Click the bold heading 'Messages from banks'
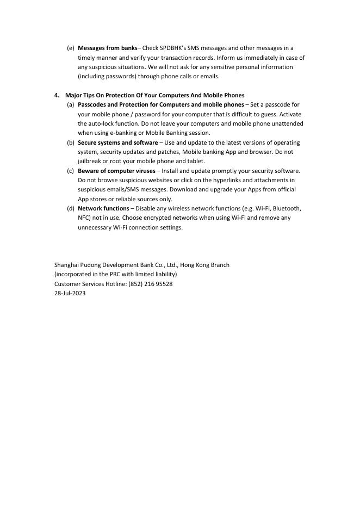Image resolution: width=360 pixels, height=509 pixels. [x=108, y=48]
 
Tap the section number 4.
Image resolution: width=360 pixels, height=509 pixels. [x=57, y=95]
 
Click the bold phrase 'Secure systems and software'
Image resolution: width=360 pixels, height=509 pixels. [x=117, y=142]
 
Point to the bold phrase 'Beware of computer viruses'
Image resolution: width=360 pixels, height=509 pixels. [x=116, y=171]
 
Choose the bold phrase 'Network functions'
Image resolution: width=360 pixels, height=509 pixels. [x=103, y=208]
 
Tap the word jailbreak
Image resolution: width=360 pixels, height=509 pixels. [x=90, y=162]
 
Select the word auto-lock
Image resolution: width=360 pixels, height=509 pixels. [x=100, y=123]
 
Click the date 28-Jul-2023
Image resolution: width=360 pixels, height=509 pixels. [x=70, y=293]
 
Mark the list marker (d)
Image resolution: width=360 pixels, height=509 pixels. [x=71, y=208]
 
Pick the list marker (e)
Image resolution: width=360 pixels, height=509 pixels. [x=71, y=48]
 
